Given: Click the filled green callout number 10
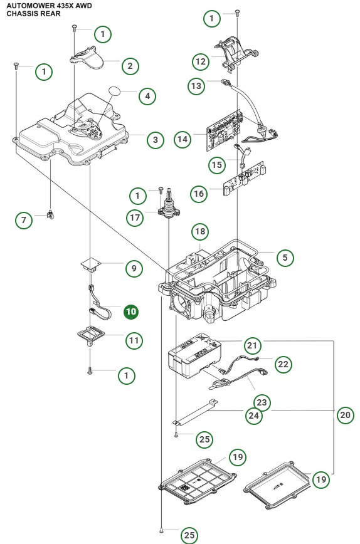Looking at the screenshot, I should point(131,311).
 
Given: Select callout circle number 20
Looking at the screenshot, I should point(344,414).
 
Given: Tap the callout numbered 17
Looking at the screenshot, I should point(153,218).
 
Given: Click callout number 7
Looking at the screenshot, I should point(24,220).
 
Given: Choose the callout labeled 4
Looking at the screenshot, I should point(147,97).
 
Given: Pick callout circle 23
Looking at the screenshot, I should point(263,401).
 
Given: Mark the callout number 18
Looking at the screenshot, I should point(200,232).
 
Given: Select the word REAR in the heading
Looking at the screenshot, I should point(51,13).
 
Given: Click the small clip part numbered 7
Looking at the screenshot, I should point(50,215).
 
